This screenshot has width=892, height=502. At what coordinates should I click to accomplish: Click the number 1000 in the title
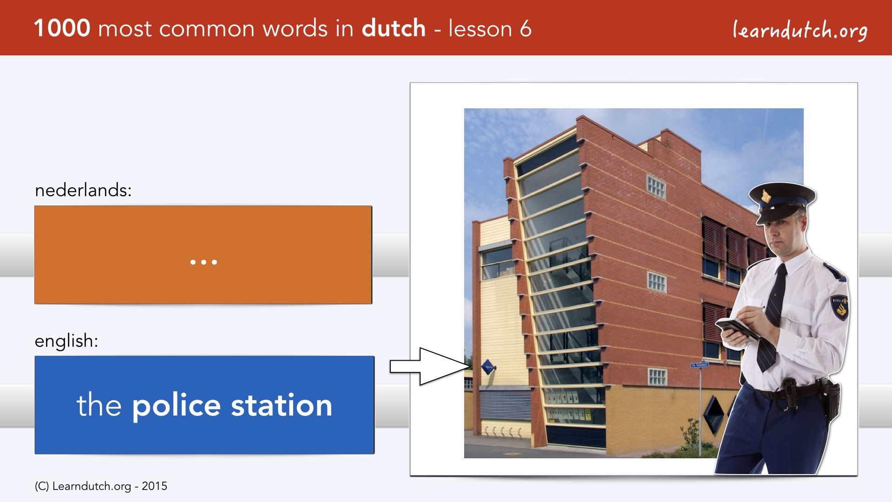click(62, 28)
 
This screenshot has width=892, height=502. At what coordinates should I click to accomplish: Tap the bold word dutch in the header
click(394, 28)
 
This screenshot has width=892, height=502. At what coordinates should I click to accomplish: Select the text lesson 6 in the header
click(490, 28)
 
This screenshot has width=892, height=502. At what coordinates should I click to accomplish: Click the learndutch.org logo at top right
click(800, 30)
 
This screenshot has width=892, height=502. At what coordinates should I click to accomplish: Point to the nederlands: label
click(83, 190)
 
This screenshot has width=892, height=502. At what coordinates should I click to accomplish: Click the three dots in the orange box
click(203, 262)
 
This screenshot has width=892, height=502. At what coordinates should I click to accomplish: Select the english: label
click(66, 341)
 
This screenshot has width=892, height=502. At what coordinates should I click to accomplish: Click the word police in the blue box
click(177, 406)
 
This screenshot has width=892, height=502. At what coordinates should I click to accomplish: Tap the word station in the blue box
click(282, 405)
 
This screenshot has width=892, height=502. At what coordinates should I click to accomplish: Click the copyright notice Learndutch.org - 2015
click(101, 486)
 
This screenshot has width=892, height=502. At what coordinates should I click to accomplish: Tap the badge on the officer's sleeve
click(840, 307)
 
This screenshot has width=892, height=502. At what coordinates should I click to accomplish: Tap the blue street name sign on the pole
click(699, 365)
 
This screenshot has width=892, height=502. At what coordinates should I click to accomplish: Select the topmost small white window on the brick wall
click(656, 187)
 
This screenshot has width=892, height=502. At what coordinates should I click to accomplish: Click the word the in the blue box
click(99, 405)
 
